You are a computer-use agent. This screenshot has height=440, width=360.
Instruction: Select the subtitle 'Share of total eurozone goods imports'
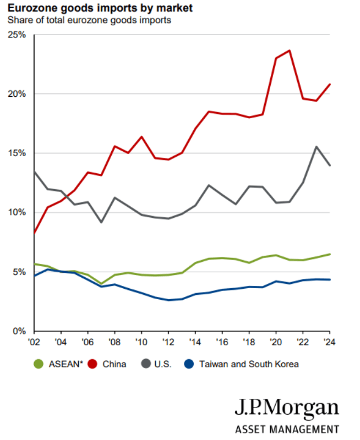[x=89, y=20]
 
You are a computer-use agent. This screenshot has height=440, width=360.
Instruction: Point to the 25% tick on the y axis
[x=18, y=35]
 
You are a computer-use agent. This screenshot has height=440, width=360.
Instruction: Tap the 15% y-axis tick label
[x=18, y=153]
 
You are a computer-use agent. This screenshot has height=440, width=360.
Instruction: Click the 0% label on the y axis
[x=20, y=332]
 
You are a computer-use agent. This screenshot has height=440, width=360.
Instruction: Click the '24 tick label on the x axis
[x=330, y=342]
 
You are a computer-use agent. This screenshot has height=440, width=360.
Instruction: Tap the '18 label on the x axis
[x=249, y=342]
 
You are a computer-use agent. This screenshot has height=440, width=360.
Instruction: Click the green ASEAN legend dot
[x=38, y=364]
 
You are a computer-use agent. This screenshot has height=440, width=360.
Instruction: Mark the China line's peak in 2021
[x=290, y=51]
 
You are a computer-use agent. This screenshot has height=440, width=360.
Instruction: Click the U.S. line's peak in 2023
[x=317, y=146]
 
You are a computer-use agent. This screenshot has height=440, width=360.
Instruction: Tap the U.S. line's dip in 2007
[x=101, y=222]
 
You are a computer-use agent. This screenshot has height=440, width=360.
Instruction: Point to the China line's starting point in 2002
[x=34, y=233]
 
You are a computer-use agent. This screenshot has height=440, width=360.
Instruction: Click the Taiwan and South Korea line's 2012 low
[x=168, y=300]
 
